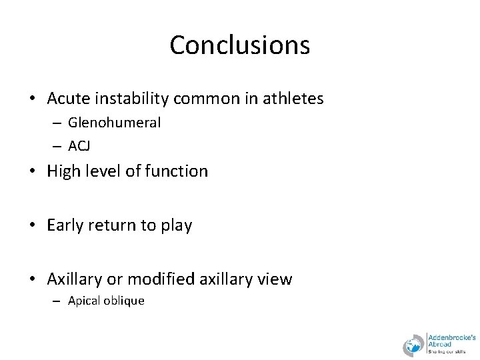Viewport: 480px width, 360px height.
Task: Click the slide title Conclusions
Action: coord(239,45)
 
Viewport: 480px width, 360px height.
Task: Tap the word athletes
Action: coord(292,99)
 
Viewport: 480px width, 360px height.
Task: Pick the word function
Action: coord(177,171)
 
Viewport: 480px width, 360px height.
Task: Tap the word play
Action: coord(177,226)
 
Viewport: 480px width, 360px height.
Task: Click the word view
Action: coord(275,279)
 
